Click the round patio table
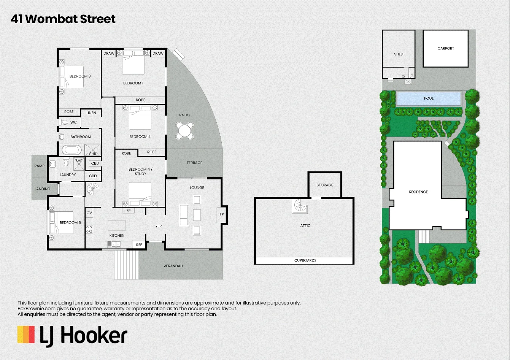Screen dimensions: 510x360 184,131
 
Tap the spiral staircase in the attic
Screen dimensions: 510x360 300,206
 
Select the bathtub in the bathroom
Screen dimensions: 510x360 72,150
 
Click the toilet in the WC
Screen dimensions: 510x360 64,122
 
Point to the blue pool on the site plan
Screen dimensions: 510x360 429,98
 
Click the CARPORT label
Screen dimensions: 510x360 446,48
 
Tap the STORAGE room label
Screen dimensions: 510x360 325,185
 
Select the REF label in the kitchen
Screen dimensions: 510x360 139,245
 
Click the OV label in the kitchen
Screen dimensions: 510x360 89,213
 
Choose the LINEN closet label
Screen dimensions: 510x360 91,113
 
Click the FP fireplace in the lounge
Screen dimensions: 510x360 221,214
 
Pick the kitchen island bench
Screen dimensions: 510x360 117,225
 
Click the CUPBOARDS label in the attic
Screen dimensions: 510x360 305,260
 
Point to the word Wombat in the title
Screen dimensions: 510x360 51,19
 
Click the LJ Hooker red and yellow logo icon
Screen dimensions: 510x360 26,334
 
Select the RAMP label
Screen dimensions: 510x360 40,166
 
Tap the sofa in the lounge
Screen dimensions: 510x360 184,215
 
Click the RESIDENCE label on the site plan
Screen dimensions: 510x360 418,192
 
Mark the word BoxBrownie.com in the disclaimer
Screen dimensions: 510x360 37,309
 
